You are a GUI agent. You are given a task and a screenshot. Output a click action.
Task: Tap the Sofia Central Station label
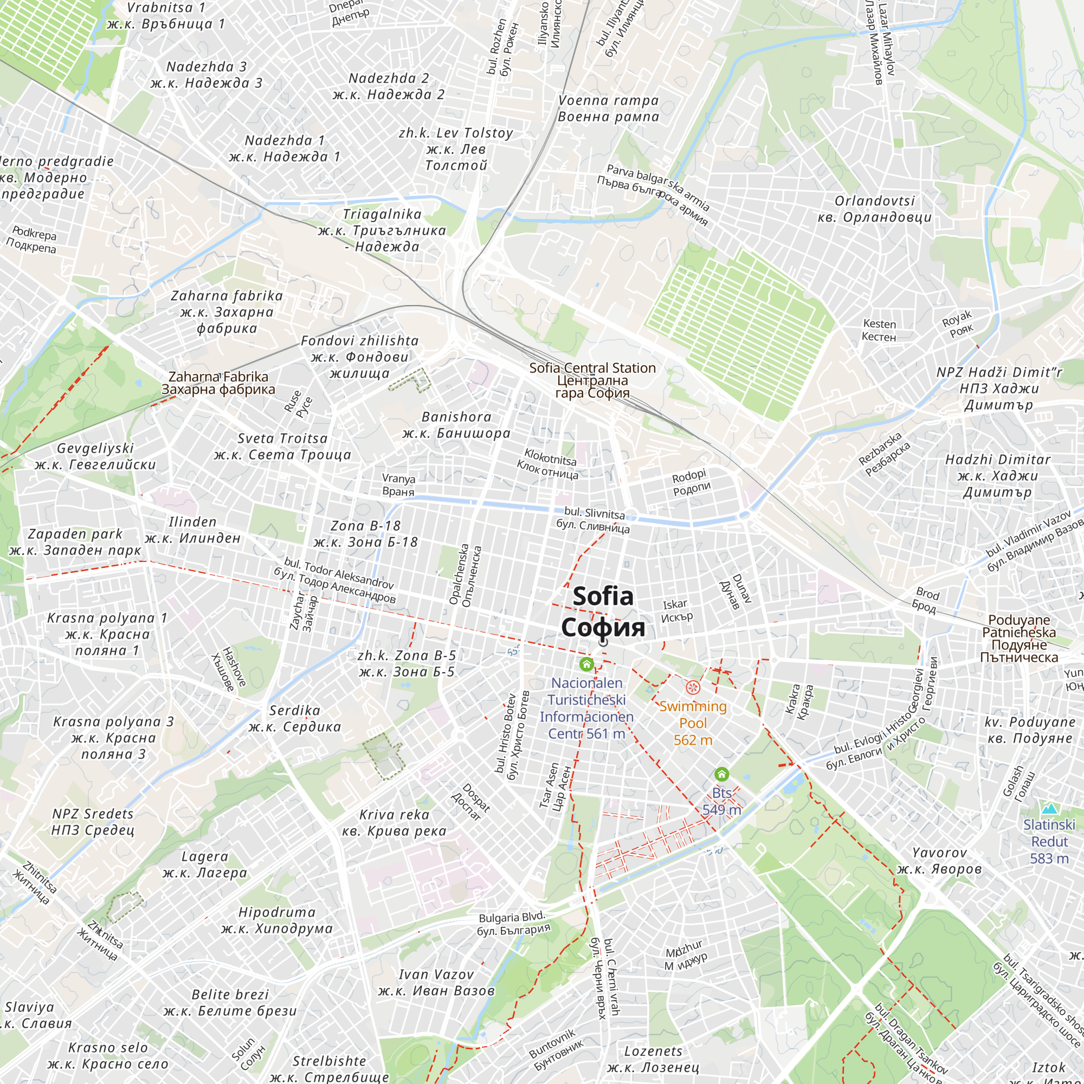pos(592,380)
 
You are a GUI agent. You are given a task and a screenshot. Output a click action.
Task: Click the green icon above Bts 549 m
pos(721,775)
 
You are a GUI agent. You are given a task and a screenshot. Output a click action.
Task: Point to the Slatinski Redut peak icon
pos(1049,809)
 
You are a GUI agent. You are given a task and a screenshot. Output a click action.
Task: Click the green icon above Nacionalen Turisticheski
pos(586,664)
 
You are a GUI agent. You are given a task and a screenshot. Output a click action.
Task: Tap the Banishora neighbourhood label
pos(456,425)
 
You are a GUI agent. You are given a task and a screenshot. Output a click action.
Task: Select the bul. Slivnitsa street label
pos(593,520)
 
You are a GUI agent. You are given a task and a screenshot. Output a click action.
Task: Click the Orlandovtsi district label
pos(875,209)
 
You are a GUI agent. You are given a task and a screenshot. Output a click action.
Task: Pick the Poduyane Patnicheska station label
pos(1019,638)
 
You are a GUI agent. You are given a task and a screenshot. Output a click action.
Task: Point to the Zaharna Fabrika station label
pos(218,383)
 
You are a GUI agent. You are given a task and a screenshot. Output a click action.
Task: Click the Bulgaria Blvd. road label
pos(513,924)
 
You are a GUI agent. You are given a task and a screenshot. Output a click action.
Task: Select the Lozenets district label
pos(653,1059)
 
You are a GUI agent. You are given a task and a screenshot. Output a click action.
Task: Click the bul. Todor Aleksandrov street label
pos(335,580)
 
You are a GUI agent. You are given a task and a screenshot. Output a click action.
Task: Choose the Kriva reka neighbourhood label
pos(394,823)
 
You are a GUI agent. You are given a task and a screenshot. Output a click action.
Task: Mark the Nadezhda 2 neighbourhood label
pos(388,86)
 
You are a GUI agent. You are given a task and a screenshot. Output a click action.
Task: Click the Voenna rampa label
pos(608,108)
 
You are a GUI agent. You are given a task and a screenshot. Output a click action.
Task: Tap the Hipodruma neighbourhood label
pos(276,920)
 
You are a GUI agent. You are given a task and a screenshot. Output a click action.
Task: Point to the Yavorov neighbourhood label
pos(939,861)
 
